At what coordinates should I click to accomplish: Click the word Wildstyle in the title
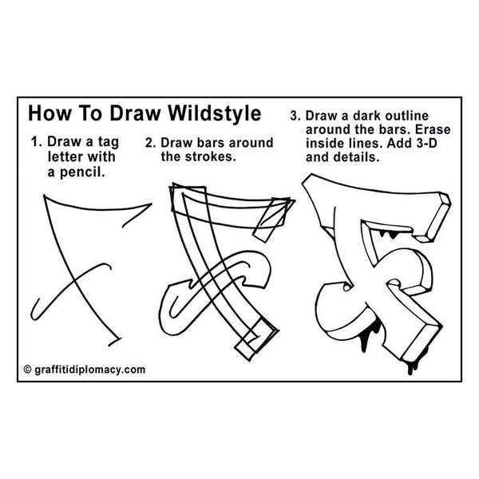coord(215,113)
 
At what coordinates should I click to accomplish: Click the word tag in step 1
coord(108,143)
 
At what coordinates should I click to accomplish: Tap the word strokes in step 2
coord(211,156)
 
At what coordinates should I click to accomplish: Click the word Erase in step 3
coord(433,129)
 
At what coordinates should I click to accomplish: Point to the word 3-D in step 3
coord(427,143)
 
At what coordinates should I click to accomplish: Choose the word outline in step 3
coord(406,116)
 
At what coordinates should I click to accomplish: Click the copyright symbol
coord(27,370)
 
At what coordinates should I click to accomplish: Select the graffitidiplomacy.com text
coord(89,370)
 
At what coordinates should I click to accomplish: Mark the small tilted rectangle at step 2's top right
coord(271,219)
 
